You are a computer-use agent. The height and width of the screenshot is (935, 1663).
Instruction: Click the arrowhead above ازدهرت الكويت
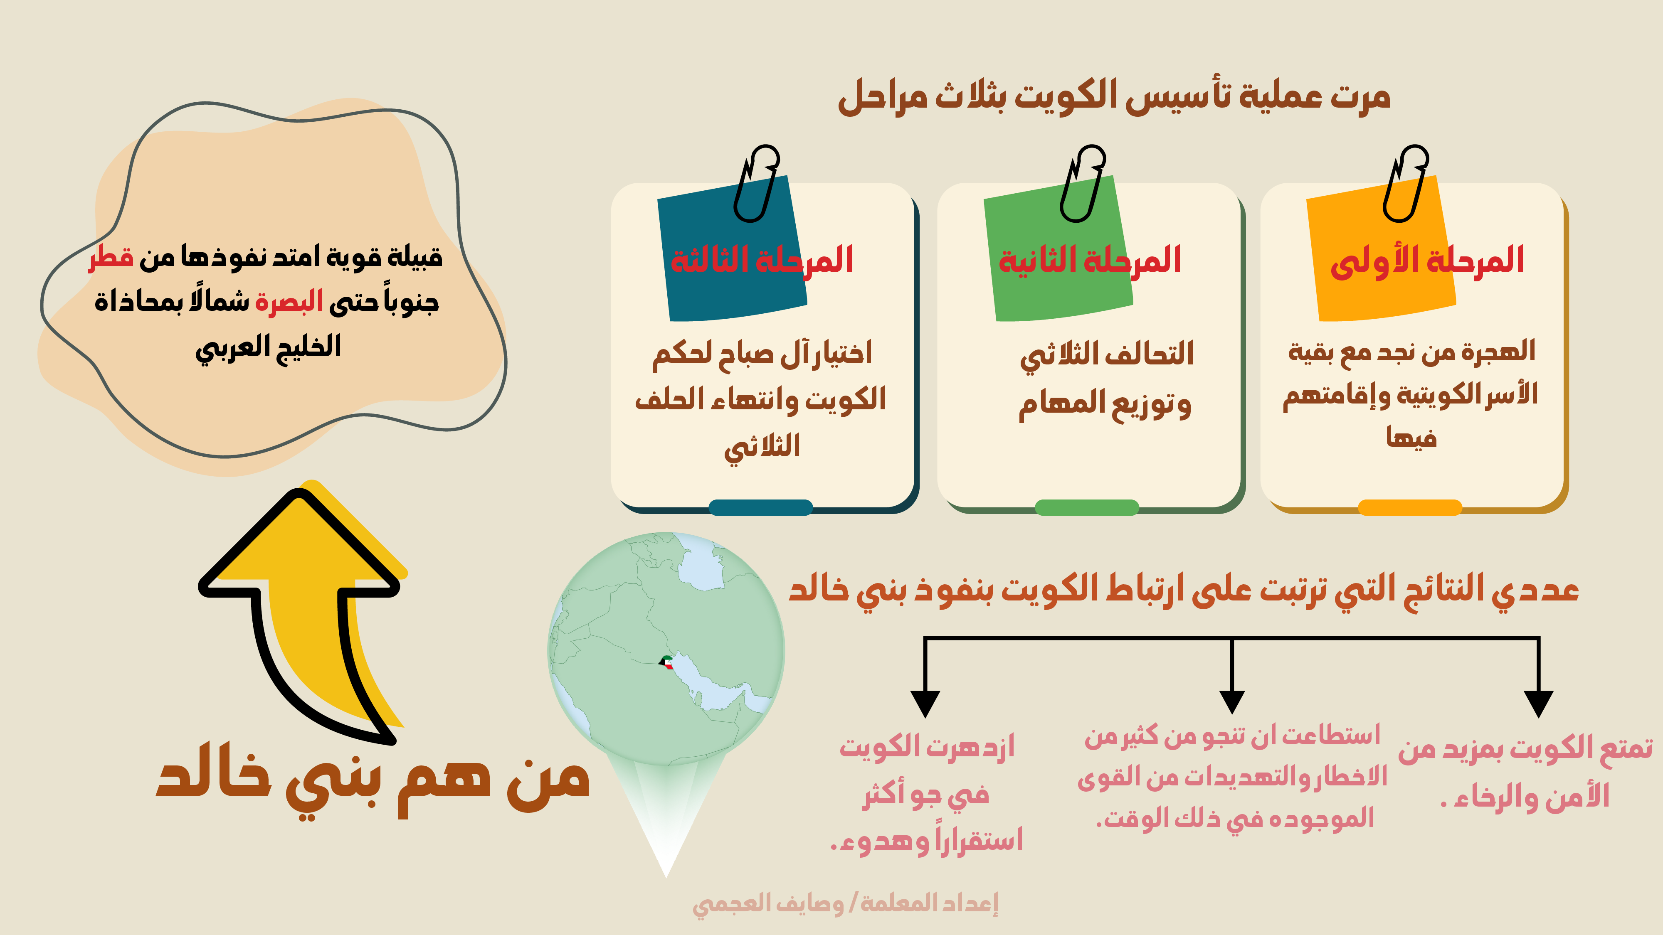925,704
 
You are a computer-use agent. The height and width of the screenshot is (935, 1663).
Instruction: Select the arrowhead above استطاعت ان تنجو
1232,702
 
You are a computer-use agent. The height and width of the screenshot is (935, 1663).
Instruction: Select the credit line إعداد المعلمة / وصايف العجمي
845,903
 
